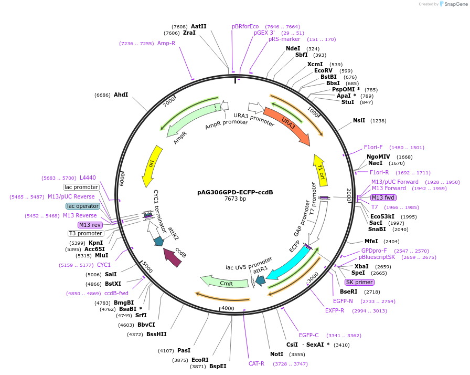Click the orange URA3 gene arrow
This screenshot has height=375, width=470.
click(287, 126)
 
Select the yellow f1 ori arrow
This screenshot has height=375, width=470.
click(320, 167)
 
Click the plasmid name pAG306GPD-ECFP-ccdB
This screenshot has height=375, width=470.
click(235, 192)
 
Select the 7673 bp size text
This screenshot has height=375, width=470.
click(235, 199)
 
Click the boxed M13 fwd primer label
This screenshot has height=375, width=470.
click(383, 197)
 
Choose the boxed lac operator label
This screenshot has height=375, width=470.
click(83, 206)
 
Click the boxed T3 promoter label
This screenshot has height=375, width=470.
click(86, 233)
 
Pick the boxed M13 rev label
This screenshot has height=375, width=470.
click(90, 225)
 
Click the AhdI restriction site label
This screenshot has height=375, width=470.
click(121, 95)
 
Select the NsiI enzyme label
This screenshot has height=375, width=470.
click(359, 120)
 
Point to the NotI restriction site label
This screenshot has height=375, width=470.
click(276, 354)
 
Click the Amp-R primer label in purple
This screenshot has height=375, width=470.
click(166, 43)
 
